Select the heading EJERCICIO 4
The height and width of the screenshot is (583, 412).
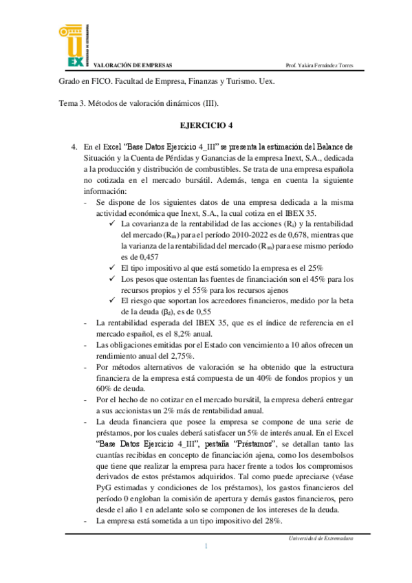click(206, 128)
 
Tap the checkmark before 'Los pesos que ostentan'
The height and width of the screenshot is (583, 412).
click(113, 279)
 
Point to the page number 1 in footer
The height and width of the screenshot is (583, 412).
click(206, 546)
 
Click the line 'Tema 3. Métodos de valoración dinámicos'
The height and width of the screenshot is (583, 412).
click(138, 103)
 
